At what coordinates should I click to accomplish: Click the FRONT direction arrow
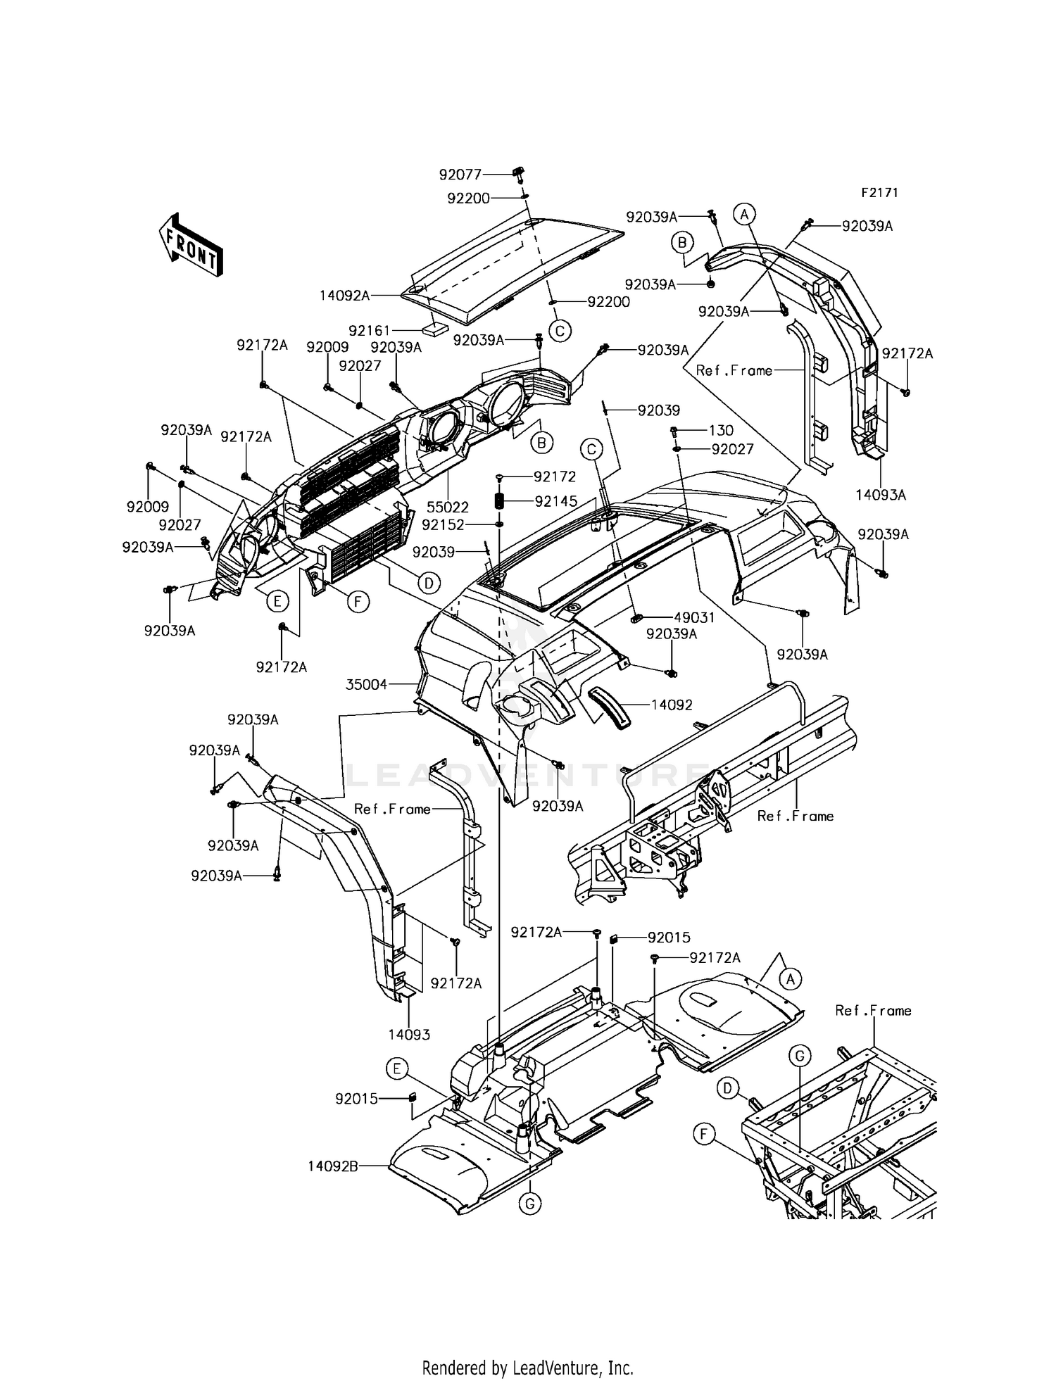pos(190,244)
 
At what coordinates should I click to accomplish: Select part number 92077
pos(460,174)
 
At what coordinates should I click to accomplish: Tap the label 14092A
pos(344,296)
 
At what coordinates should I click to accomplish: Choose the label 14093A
pos(881,495)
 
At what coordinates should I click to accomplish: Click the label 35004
pos(367,684)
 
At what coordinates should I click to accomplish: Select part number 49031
pos(694,618)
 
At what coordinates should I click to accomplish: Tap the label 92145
pos(555,501)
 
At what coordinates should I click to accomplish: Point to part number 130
pos(721,430)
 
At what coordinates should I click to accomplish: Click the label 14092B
pos(332,1166)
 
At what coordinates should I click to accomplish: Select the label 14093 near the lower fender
pos(409,1035)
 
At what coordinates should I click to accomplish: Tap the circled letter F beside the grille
pos(357,602)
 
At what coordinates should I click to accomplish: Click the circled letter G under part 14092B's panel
pos(529,1204)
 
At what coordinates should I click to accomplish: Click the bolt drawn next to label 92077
pos(521,173)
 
